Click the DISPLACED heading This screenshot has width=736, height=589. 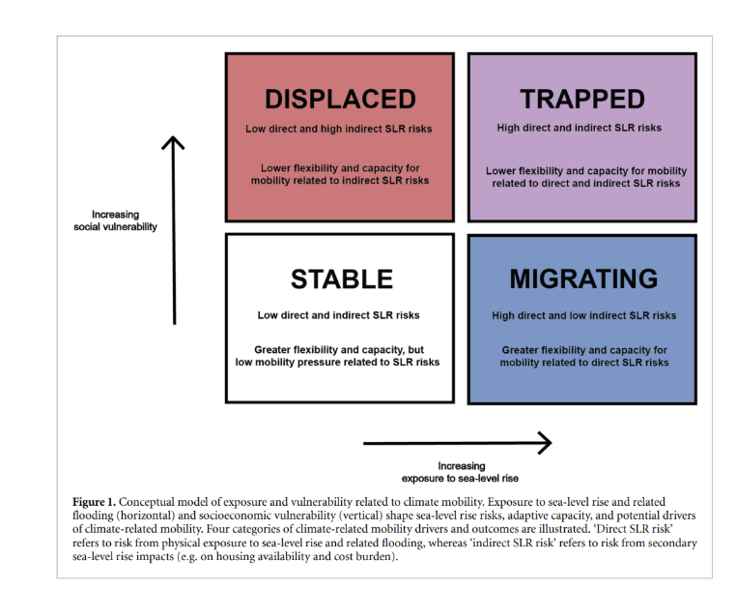tap(339, 99)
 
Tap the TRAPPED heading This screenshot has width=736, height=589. tap(581, 99)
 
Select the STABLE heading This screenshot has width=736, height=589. tap(341, 280)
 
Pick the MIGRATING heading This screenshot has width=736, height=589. tap(583, 280)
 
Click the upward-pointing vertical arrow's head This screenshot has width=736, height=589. tap(173, 143)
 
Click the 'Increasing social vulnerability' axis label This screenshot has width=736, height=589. tap(115, 221)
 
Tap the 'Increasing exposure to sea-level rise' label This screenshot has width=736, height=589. tap(461, 472)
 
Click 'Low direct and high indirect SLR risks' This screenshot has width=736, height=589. tap(339, 129)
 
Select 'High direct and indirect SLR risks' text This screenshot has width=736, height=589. tap(580, 128)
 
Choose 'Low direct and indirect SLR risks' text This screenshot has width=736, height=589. tap(338, 315)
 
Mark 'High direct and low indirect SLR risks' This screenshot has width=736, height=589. tap(583, 315)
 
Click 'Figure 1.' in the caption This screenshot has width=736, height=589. tap(94, 501)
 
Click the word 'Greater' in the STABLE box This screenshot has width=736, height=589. tap(274, 349)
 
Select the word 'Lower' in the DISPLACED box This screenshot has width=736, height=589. tap(275, 168)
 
